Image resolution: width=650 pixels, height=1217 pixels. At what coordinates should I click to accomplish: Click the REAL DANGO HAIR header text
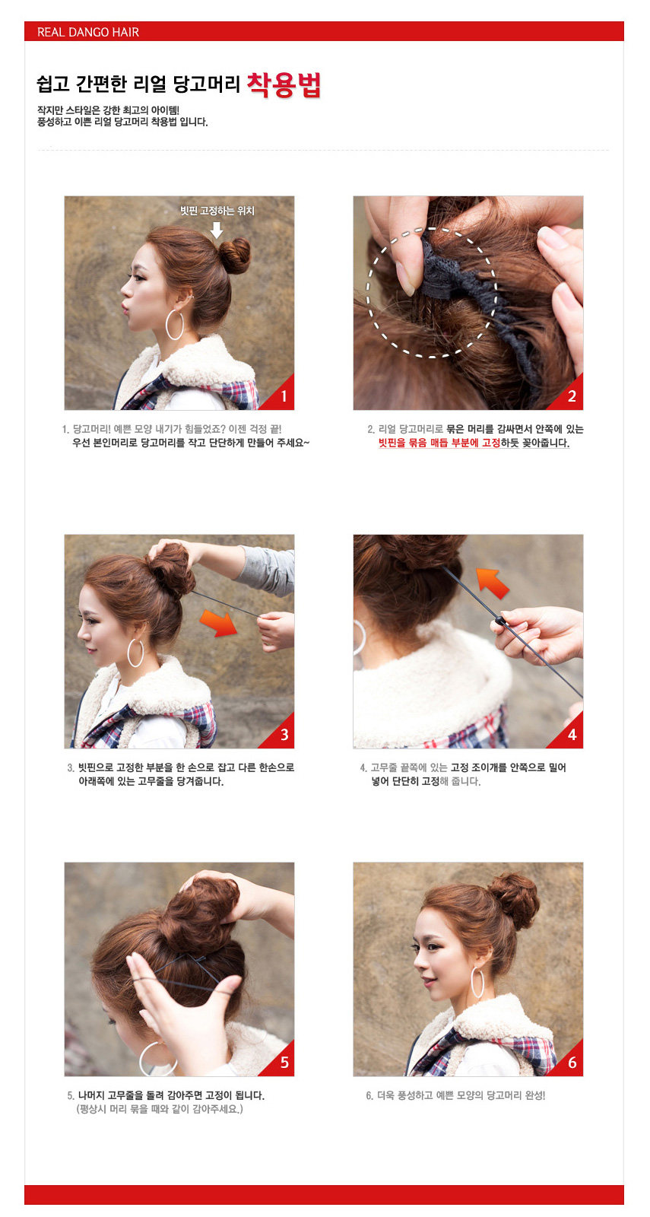click(87, 32)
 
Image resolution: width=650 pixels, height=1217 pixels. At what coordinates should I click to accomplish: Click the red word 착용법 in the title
click(284, 84)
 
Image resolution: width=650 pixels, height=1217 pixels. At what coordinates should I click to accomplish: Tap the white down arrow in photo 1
click(217, 229)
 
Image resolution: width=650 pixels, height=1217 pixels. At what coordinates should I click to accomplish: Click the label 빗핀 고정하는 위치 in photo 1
click(217, 211)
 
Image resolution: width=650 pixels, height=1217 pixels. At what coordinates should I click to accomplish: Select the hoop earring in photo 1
click(175, 325)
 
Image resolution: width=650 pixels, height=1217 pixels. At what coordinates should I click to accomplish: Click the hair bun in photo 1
click(234, 255)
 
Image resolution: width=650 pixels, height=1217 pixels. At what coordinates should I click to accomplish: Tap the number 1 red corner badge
click(283, 396)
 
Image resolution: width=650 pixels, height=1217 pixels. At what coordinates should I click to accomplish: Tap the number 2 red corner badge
click(572, 396)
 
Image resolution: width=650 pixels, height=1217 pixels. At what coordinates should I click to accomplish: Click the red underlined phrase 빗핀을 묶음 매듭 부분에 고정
click(439, 443)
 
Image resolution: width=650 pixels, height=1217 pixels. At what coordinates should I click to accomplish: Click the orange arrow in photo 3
click(218, 621)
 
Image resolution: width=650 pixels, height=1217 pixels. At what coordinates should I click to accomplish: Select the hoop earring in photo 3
click(135, 653)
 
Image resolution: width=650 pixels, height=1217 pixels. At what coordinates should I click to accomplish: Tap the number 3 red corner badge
click(284, 735)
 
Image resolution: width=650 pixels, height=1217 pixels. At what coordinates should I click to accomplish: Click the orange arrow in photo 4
click(493, 582)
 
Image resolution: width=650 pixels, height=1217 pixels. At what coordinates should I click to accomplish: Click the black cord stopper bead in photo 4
click(499, 621)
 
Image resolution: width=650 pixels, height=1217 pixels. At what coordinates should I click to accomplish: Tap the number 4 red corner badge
click(572, 735)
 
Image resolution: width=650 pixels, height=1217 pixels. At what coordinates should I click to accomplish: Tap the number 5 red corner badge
click(284, 1063)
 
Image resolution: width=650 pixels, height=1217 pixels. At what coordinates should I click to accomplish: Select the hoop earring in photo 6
click(477, 982)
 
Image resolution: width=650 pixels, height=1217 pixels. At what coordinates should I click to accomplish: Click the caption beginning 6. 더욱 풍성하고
click(455, 1095)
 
